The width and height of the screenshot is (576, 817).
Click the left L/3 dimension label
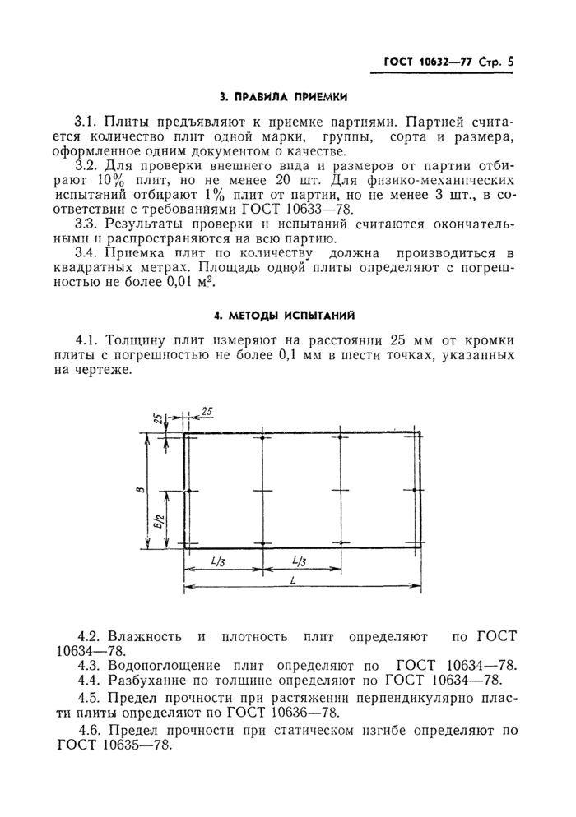coord(219,562)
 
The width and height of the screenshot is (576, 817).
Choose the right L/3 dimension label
coord(300,562)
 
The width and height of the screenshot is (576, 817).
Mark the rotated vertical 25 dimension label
coord(157,419)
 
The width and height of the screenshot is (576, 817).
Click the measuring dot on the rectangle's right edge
coord(419,491)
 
